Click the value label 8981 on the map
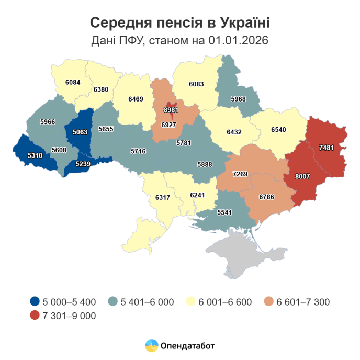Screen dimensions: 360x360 171,110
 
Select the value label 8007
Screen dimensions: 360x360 302,177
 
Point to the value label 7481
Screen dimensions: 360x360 327,148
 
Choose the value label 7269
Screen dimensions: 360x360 241,173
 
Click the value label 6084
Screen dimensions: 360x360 73,82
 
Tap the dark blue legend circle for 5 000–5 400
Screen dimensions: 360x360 35,302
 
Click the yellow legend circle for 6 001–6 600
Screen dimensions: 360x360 191,302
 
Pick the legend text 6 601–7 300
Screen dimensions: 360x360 303,302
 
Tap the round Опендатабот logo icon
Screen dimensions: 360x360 152,345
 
